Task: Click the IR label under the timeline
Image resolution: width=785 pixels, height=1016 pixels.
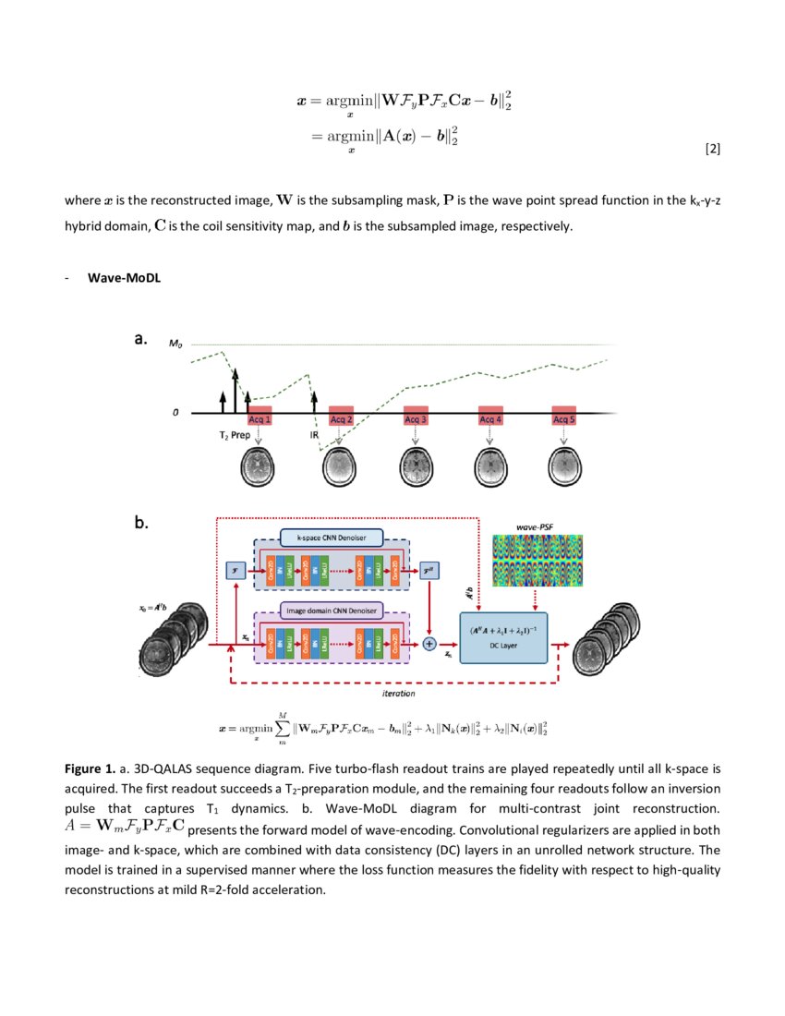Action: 314,433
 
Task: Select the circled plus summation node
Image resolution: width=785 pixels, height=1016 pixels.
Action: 429,645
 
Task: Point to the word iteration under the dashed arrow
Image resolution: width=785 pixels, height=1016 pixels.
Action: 398,692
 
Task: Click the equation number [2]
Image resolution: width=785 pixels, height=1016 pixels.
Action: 711,149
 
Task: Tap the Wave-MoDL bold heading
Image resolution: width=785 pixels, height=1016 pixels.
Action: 124,277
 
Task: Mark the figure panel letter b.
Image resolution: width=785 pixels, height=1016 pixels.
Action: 141,523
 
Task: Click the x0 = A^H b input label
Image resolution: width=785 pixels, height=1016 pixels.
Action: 151,608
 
